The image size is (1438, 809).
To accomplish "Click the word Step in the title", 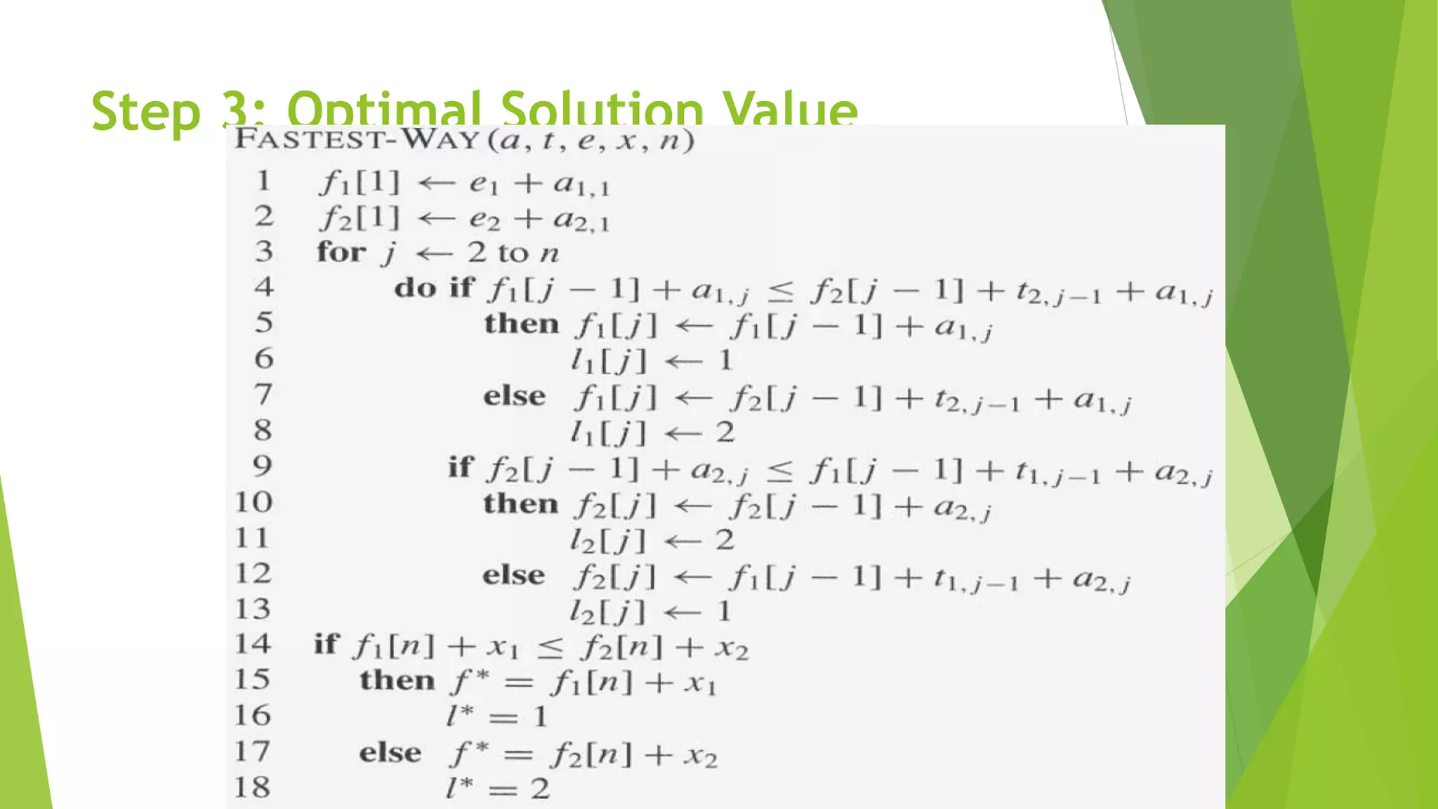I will click(x=145, y=111).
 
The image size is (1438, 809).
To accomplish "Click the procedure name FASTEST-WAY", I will click(x=358, y=139).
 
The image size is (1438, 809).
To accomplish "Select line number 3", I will click(x=264, y=251).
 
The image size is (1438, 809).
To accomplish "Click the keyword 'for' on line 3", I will click(x=341, y=251).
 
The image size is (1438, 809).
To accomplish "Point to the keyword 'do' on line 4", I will click(x=415, y=287).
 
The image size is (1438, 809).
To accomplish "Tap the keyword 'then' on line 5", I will click(x=521, y=324).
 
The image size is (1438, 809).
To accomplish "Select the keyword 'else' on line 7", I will click(x=514, y=396).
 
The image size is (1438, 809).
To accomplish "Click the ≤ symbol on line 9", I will click(x=779, y=471).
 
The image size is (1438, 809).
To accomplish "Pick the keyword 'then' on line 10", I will click(x=520, y=504).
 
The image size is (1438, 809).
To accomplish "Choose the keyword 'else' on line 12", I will click(x=513, y=575).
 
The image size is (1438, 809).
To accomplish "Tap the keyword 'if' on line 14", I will click(x=326, y=643).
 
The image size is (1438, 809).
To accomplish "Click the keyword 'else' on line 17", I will click(x=390, y=753).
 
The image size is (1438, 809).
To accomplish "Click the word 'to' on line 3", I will click(x=513, y=253).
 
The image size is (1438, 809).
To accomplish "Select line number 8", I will click(x=263, y=430).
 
